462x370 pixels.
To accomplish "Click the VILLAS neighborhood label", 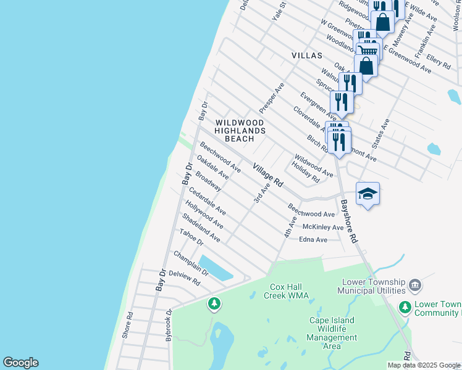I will point(307,55).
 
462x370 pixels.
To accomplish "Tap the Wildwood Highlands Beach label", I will point(240,131).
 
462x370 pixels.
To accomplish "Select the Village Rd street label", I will point(267,176).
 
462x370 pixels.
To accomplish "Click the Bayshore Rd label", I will point(349,221).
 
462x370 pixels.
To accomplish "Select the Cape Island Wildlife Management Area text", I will point(332,333).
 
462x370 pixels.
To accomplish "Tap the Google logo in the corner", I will point(20,363).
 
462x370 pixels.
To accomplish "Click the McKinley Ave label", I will point(322,228).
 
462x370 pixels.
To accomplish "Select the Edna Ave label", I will point(313,239).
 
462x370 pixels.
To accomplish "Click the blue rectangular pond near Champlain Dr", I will point(216,268).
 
